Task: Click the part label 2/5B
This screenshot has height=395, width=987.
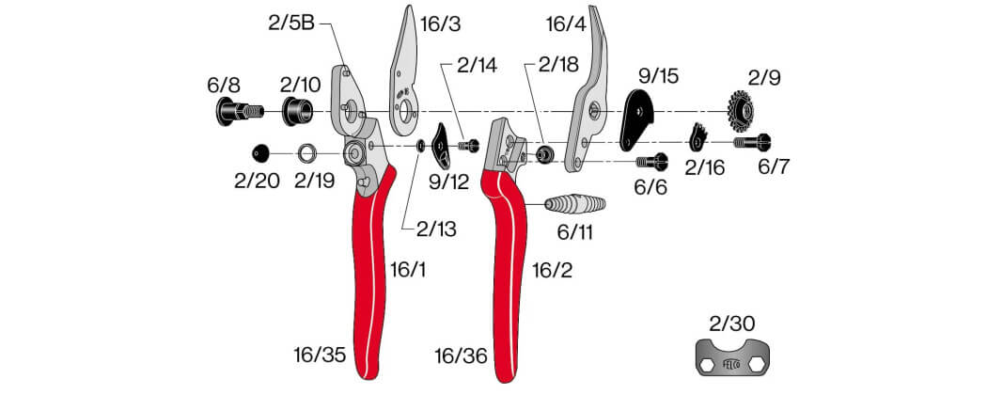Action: (x=290, y=24)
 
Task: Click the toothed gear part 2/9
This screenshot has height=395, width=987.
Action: (x=742, y=110)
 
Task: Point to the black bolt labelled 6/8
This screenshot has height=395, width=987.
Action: (x=238, y=112)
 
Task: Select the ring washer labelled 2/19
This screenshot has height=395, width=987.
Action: (x=306, y=152)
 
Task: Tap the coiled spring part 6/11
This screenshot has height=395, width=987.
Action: (x=575, y=204)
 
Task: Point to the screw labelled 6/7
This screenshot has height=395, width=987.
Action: (x=752, y=142)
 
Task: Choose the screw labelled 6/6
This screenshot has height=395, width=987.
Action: (x=651, y=161)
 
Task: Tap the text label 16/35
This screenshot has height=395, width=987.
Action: (x=320, y=355)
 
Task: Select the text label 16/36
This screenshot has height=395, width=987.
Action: (x=462, y=356)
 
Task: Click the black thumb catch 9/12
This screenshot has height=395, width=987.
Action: (x=441, y=147)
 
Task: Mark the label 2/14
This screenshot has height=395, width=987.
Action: (x=477, y=66)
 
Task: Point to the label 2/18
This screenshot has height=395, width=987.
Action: (x=557, y=64)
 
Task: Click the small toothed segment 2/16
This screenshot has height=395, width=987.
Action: (x=698, y=137)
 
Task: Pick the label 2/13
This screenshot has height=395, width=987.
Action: (x=436, y=229)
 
